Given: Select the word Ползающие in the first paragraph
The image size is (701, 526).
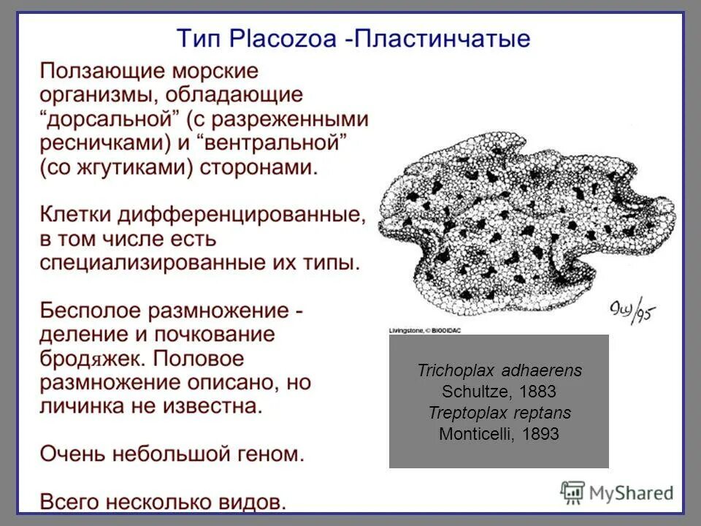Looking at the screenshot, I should coord(101,72).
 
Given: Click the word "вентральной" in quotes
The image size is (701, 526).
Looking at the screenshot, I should coord(283,143).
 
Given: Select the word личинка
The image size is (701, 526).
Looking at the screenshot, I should coord(84,405).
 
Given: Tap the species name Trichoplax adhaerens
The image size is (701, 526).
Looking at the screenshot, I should coord(499,370).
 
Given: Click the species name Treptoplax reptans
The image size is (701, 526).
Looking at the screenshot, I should coord(499,413).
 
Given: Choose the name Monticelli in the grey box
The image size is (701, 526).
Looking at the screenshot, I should coord(475,434).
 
